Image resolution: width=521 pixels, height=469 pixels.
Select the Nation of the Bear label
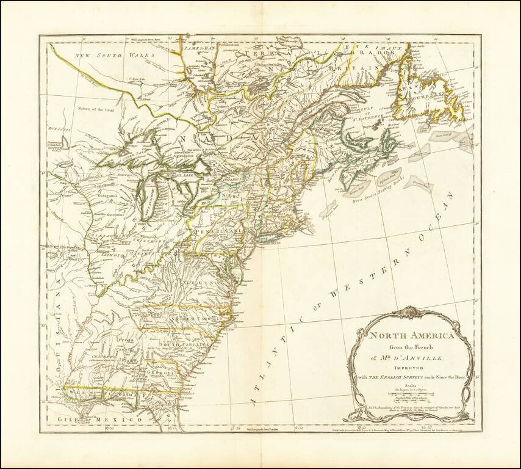(x=96, y=109)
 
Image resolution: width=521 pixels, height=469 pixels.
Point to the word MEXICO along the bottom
(x=125, y=420)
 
